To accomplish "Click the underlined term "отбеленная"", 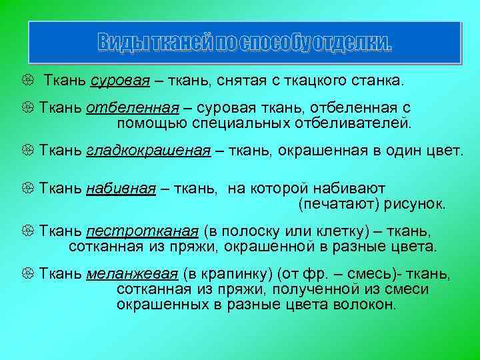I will pos(133,109).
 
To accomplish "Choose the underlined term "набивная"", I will pos(121,189).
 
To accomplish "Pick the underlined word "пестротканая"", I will pos(142,232).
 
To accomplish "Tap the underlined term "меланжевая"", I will pos(131,275).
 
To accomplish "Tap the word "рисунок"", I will pos(416,204).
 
